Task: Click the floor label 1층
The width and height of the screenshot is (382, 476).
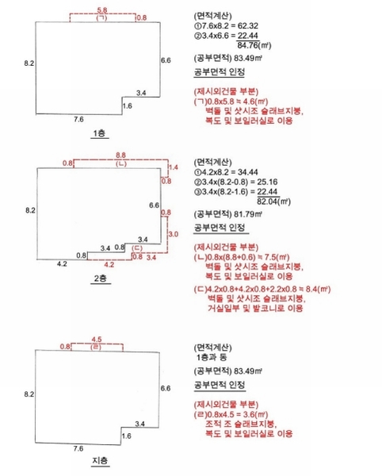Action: point(99,133)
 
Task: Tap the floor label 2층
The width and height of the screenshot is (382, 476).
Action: point(101,278)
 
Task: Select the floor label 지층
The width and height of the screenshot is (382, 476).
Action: point(100,460)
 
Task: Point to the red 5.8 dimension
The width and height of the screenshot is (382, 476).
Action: point(102,10)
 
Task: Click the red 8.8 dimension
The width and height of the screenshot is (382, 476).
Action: point(120,155)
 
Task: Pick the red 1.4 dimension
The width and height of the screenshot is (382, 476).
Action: point(173,167)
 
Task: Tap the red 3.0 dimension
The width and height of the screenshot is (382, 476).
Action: point(173,234)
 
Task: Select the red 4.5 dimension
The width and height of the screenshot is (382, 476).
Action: point(97,340)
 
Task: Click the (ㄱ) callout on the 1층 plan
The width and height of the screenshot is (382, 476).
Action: point(102,17)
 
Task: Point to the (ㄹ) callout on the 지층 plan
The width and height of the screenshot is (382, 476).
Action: point(96,347)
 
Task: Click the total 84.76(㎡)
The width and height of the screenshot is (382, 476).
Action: point(254,45)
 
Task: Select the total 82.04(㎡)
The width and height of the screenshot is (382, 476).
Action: point(273,202)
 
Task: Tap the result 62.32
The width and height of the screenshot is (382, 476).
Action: point(248,26)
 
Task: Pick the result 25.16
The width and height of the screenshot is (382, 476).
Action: point(267,182)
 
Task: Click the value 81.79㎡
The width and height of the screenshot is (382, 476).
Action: point(248,214)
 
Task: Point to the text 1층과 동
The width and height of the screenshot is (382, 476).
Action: point(212,357)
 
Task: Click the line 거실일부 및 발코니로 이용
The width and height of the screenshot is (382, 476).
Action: point(255,308)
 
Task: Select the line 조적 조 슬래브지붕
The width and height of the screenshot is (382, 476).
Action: point(241,424)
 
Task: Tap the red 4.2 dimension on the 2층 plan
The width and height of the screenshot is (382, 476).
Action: point(109,265)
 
